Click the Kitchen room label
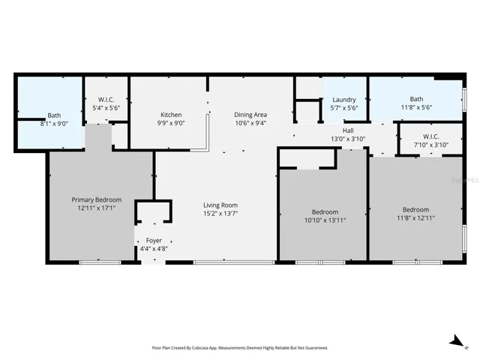point(171,115)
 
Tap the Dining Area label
point(250,115)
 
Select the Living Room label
point(220,205)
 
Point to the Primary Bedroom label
point(97,199)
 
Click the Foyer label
point(154,241)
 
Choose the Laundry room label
point(344,100)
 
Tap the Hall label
point(348,130)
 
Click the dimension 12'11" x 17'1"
point(97,208)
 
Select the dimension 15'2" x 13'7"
point(220,213)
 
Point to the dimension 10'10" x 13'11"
point(325,220)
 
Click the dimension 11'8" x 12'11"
point(415,218)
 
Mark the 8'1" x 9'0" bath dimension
point(54,124)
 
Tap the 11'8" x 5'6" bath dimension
point(416,107)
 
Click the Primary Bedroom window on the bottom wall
point(100,262)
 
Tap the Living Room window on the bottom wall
point(235,262)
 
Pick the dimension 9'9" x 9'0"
point(171,123)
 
